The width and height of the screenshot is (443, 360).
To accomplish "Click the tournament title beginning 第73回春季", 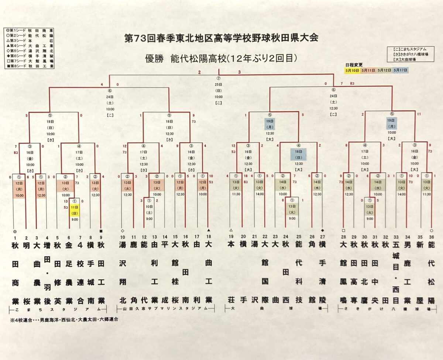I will click(x=221, y=38).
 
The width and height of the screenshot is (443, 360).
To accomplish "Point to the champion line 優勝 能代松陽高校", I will click(x=221, y=58).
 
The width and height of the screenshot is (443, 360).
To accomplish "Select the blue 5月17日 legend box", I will click(x=401, y=70).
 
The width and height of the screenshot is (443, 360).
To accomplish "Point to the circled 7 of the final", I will click(x=219, y=79).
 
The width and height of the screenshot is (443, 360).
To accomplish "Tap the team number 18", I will click(x=209, y=237).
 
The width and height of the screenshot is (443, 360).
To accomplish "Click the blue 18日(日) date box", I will click(x=298, y=154).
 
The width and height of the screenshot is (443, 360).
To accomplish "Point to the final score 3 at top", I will click(x=239, y=72).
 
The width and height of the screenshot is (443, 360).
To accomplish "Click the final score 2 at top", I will click(x=199, y=72).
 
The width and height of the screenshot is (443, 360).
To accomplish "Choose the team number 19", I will click(x=231, y=237).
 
